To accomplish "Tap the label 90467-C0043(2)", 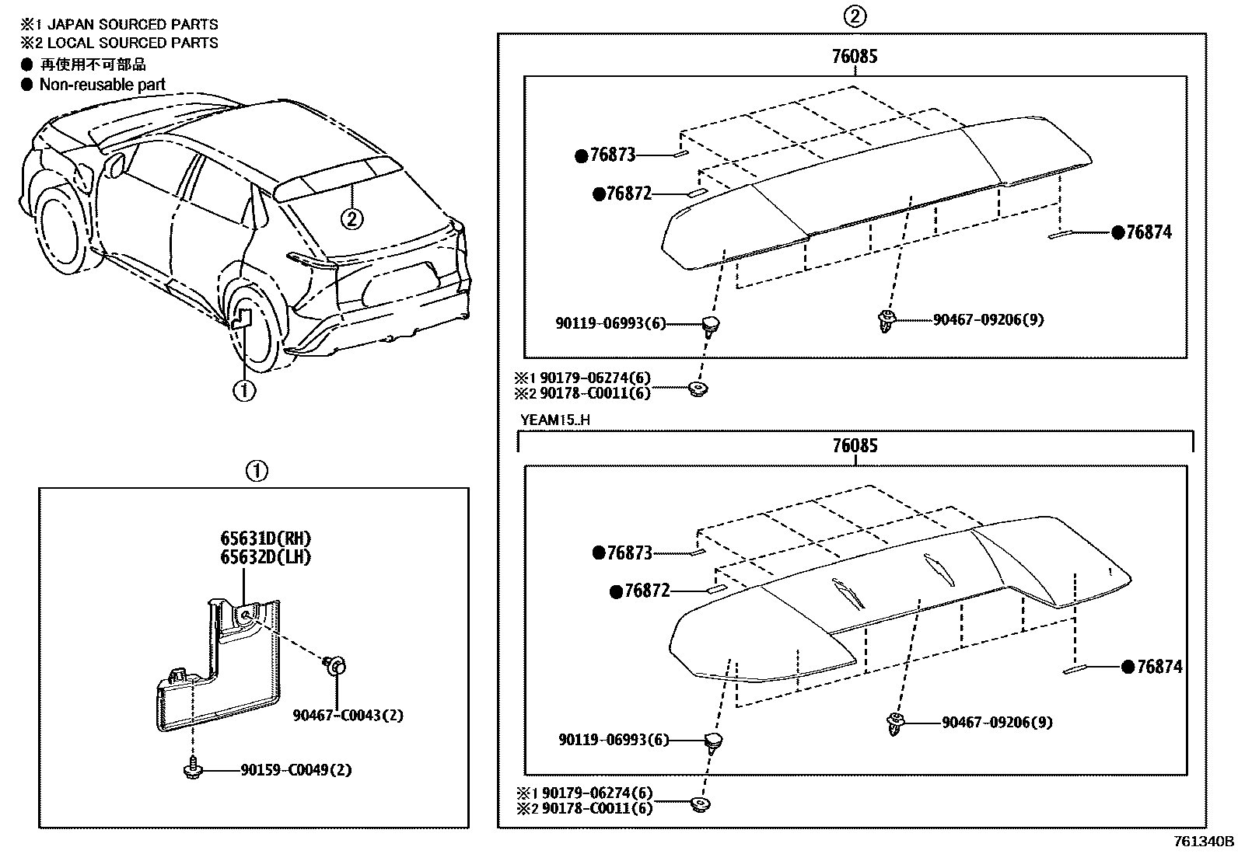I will click(x=348, y=715).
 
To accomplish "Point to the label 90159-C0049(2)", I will click(x=296, y=770).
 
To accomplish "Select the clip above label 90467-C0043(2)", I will click(x=335, y=665).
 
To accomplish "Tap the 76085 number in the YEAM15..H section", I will click(x=855, y=445).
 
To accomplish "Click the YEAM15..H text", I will click(x=555, y=420).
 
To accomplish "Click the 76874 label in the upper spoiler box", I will click(x=1148, y=232).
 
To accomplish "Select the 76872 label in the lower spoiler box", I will click(x=645, y=591).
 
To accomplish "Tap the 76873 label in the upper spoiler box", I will click(x=612, y=155).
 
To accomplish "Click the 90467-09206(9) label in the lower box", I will click(x=997, y=723).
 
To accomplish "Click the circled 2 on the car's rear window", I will click(x=351, y=219).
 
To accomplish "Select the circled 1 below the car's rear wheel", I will click(x=244, y=389).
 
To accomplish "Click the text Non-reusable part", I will click(x=102, y=85).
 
